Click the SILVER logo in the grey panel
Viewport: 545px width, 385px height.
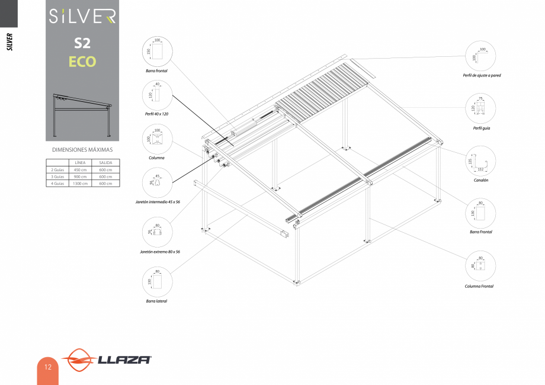tap(82, 17)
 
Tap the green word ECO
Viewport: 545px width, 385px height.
tap(82, 61)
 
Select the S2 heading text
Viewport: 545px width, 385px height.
tap(82, 43)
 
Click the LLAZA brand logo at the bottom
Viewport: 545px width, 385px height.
tap(107, 360)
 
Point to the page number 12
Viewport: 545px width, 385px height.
tap(47, 367)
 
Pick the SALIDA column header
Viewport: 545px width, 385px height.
tap(105, 162)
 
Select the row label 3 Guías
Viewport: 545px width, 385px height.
tap(57, 176)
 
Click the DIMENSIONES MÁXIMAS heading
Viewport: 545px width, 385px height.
tap(82, 150)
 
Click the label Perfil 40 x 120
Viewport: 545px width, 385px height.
tap(157, 113)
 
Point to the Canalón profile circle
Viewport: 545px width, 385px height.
tap(481, 160)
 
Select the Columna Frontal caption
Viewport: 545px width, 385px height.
tap(479, 286)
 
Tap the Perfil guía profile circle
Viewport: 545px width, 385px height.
tap(481, 108)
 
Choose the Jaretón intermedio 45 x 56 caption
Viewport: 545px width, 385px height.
tap(157, 202)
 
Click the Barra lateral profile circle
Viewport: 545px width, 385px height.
tap(157, 282)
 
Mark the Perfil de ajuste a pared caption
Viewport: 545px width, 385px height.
tap(482, 75)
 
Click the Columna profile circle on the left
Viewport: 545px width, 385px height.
tap(157, 140)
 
